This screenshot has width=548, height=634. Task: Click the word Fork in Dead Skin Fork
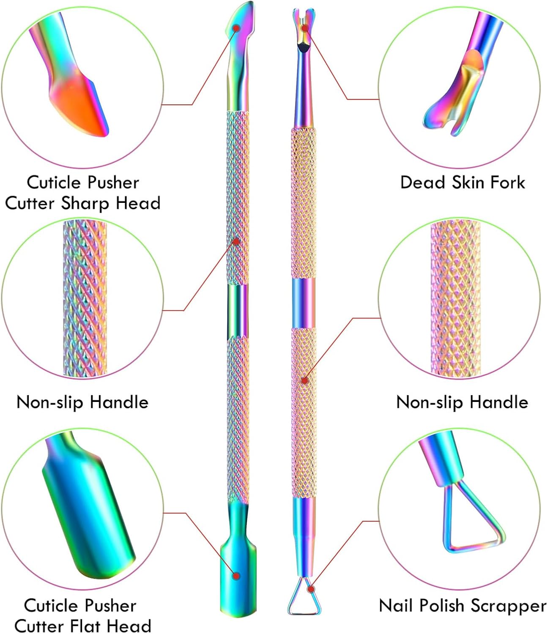click(x=507, y=183)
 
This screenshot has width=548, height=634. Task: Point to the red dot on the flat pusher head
click(x=237, y=576)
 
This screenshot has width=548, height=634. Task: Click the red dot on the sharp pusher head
click(x=237, y=28)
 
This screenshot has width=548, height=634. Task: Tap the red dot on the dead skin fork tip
click(x=305, y=28)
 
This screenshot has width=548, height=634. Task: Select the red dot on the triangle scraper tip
click(x=311, y=588)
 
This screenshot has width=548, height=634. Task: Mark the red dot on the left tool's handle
click(x=236, y=241)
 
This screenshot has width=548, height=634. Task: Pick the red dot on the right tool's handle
click(x=304, y=380)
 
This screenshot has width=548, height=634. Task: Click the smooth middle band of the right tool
click(x=303, y=303)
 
